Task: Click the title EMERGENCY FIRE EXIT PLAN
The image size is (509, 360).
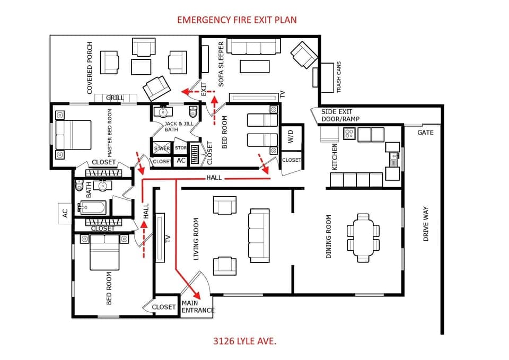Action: (x=236, y=20)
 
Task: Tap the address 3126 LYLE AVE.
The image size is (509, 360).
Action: (x=244, y=340)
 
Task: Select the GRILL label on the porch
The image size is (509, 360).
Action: (x=115, y=98)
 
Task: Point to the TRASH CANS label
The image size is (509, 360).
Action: (x=339, y=77)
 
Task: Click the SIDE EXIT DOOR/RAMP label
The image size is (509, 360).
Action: (x=340, y=116)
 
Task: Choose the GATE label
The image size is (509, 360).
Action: (x=425, y=132)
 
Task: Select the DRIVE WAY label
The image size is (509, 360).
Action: (x=425, y=224)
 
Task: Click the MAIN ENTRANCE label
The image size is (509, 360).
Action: (x=198, y=307)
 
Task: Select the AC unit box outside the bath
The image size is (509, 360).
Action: (x=65, y=213)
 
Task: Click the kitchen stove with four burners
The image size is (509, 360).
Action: (x=349, y=134)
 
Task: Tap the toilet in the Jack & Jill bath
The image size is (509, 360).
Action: (x=193, y=112)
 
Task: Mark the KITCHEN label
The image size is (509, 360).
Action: (x=335, y=157)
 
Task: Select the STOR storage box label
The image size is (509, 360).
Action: (x=181, y=148)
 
